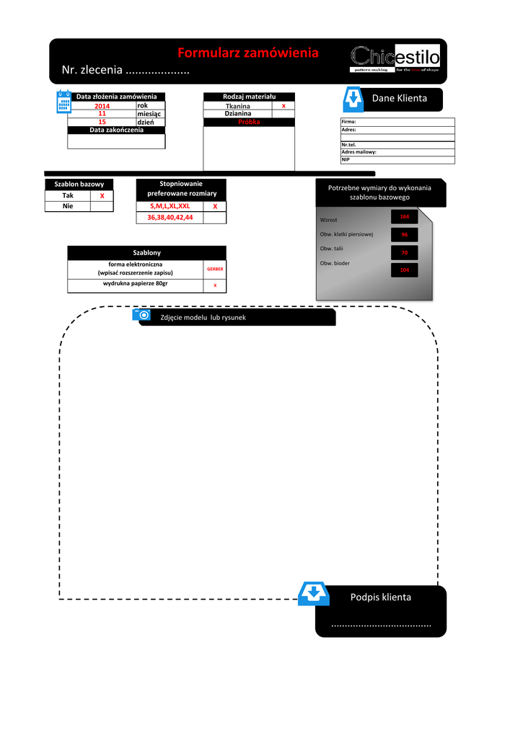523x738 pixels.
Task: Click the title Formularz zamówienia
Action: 247,53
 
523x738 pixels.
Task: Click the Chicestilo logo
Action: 395,58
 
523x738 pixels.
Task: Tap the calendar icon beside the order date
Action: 64,102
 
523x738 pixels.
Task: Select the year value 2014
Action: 102,107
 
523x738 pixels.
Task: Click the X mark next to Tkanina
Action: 284,106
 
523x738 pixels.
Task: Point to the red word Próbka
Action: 249,123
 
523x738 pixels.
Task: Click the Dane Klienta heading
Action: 399,98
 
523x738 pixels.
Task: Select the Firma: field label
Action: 349,122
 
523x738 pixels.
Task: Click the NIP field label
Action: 346,159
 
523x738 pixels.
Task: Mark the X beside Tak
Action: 102,196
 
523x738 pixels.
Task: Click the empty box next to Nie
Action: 102,206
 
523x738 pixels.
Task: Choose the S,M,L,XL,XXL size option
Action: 170,206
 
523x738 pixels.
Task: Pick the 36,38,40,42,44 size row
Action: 170,217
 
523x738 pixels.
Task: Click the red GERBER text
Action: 215,269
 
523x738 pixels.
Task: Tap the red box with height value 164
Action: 404,217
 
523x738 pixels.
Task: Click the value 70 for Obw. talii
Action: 404,253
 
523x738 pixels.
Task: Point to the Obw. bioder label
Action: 335,263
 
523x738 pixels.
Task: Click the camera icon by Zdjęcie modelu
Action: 143,316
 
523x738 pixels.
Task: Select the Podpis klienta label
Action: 381,597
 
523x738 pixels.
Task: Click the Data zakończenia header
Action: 116,130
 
